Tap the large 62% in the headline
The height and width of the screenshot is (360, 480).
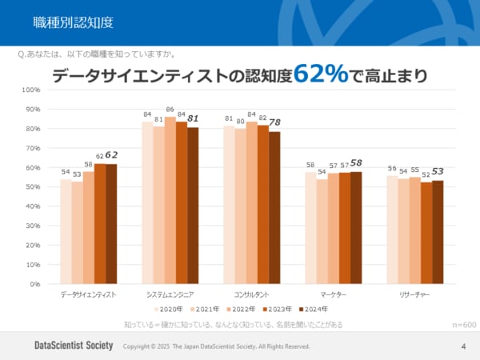(320, 74)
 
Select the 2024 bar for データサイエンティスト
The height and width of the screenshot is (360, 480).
(111, 223)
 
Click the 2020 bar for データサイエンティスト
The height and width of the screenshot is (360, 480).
(66, 231)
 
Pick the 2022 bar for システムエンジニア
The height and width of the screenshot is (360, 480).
(170, 200)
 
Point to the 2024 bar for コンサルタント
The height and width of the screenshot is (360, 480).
(274, 208)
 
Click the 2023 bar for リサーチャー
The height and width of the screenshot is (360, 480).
(426, 233)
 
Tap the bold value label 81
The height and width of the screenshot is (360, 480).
(193, 118)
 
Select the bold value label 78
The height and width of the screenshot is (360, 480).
(274, 122)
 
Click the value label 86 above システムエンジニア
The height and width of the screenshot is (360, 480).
(170, 110)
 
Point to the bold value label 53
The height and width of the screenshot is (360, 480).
(438, 171)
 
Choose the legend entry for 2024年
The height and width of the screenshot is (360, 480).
(313, 309)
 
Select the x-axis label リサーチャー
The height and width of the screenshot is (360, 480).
(415, 294)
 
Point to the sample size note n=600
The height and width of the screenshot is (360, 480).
(464, 325)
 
